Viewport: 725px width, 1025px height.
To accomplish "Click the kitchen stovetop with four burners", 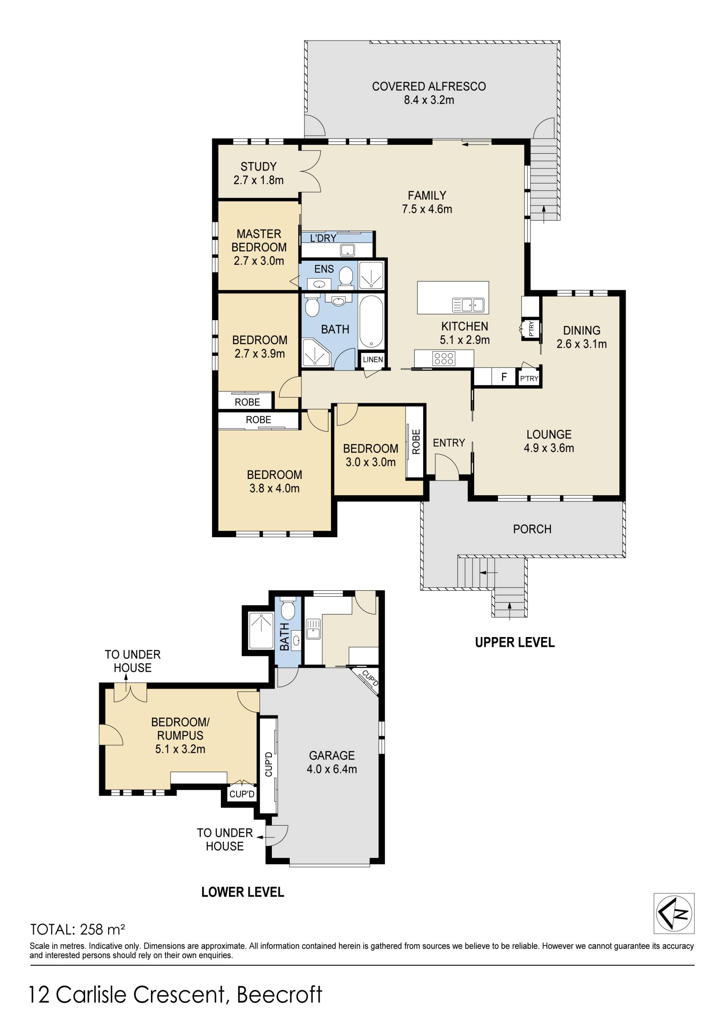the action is pos(444,358).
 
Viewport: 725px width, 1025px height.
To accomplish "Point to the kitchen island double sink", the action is pos(468,305).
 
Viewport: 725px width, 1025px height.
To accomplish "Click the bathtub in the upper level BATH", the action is pos(371,322).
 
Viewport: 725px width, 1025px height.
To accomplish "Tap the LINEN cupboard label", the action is pos(373,359).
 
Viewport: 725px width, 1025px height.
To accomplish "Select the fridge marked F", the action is pos(504,377).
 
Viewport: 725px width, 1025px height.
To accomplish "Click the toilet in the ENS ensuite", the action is pos(346,277).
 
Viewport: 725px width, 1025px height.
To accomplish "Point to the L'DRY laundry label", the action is pos(323,238).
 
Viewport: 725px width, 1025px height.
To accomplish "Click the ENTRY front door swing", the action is pos(447,466).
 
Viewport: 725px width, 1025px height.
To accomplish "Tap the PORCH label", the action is pos(532,529).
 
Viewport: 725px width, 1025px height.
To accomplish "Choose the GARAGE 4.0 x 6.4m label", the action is pos(332,762).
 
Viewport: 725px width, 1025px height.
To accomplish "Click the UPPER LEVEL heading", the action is pos(515,642).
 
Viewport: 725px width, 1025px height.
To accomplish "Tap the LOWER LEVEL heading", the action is pos(242,892).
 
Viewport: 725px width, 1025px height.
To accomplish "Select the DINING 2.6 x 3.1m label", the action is pos(582,337).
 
